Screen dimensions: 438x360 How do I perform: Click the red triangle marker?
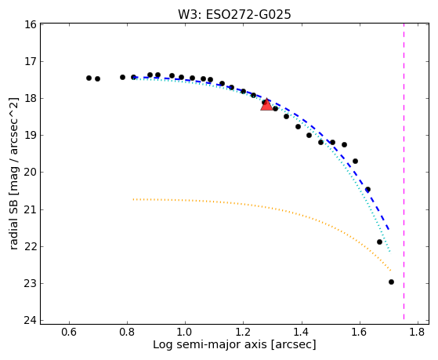[x=266, y=104]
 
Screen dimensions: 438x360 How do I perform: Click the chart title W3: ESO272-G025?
[x=234, y=15]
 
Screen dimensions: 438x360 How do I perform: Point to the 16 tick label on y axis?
[x=31, y=24]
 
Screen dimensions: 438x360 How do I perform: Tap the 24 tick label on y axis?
[x=31, y=320]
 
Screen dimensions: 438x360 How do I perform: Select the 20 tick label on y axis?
[x=31, y=173]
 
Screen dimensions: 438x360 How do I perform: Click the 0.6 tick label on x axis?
[x=69, y=332]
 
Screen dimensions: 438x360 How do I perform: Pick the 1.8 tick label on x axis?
[x=418, y=332]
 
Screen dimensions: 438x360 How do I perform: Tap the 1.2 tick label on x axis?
[x=244, y=332]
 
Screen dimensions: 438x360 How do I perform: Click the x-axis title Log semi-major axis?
[x=210, y=344]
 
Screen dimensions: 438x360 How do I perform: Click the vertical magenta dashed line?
[x=404, y=172]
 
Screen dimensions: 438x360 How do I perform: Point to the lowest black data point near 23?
[x=391, y=282]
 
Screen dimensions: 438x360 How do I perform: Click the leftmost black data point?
[x=89, y=78]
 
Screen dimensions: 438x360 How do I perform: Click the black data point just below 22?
[x=379, y=242]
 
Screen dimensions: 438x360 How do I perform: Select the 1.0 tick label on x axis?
[x=185, y=332]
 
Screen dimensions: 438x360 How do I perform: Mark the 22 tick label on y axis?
[x=31, y=246]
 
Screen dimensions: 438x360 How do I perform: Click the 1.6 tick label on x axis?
[x=360, y=332]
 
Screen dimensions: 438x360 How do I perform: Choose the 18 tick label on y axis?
[x=31, y=99]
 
